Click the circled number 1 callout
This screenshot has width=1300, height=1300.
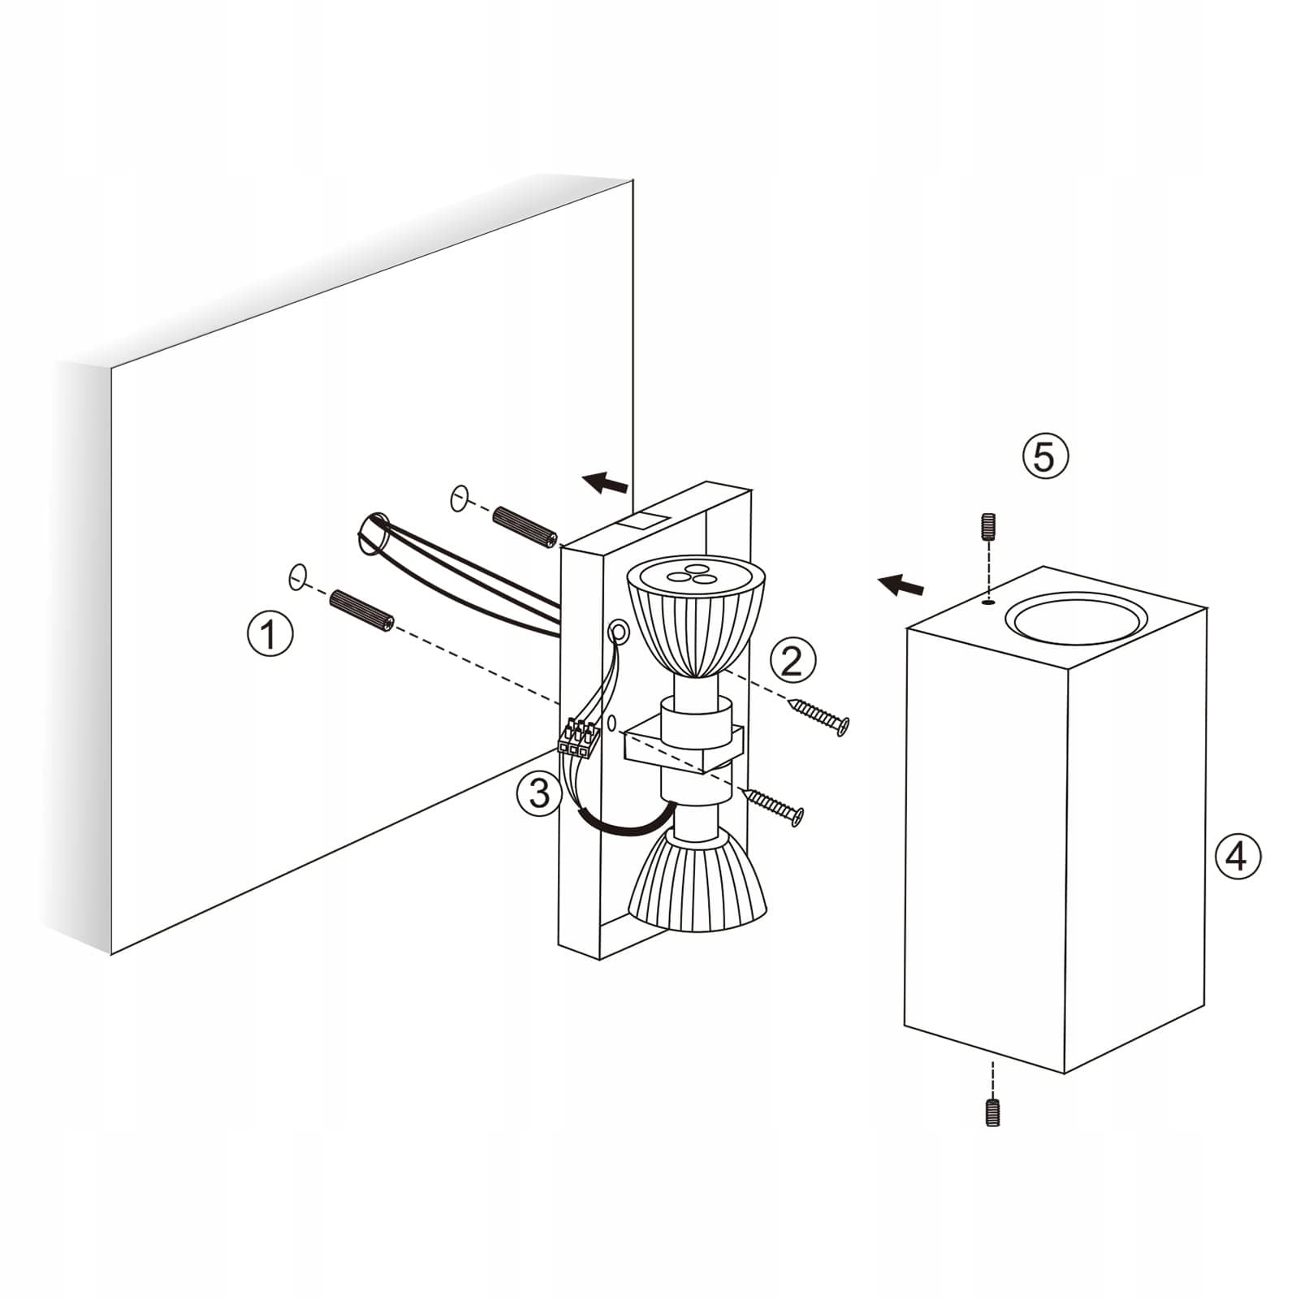(x=270, y=634)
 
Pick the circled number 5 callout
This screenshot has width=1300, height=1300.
(x=1045, y=456)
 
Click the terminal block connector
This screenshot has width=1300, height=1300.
(x=578, y=739)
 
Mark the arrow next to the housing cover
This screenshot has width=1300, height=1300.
(x=900, y=584)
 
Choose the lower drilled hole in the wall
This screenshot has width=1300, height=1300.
(x=298, y=576)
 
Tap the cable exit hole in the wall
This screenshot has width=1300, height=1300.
(x=375, y=533)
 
